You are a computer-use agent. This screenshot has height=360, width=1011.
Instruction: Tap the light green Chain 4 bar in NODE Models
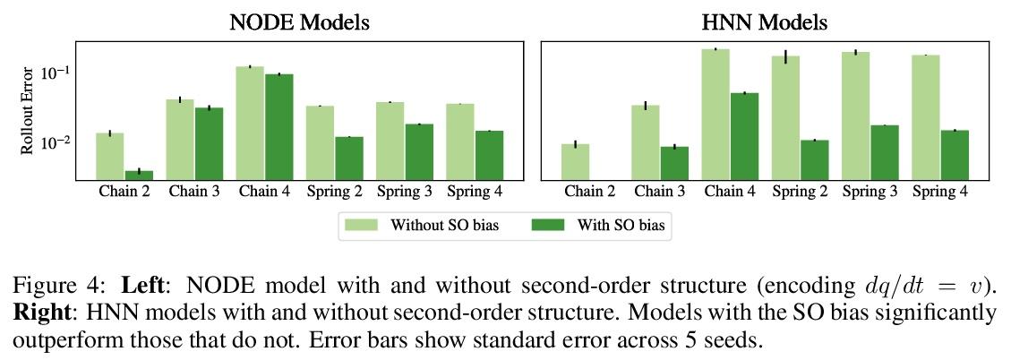(250, 123)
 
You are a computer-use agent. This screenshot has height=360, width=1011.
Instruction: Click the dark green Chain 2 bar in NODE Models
(139, 174)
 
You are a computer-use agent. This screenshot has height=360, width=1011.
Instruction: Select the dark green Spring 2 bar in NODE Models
(348, 158)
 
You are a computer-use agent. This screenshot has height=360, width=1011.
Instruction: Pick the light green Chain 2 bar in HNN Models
(575, 161)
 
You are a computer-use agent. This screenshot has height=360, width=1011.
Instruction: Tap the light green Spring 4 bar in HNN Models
(926, 116)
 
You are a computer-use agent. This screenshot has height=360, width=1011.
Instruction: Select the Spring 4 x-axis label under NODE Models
(474, 192)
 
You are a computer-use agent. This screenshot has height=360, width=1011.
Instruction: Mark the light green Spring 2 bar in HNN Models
(785, 117)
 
